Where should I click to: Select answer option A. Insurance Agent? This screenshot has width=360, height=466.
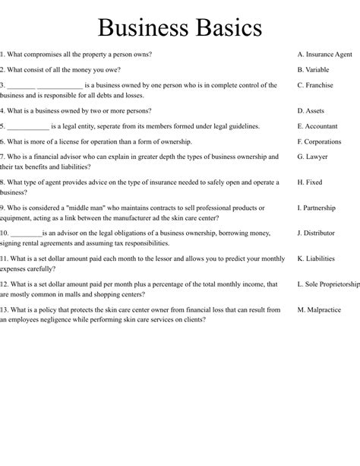pos(324,55)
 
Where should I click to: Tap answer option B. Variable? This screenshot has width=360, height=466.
pos(314,70)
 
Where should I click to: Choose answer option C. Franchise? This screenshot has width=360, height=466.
pos(315,85)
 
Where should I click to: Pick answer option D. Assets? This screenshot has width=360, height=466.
pos(311,111)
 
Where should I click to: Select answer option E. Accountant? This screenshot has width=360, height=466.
pos(318,126)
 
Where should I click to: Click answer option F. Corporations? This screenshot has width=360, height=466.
pos(320,141)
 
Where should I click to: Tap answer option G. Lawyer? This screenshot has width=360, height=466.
pos(312,157)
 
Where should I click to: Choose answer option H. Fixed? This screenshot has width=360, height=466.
pos(310,182)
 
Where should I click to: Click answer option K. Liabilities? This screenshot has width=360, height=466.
pos(316,258)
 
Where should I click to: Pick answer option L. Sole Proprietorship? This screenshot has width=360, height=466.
pos(328,284)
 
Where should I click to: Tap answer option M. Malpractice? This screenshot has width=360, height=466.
pos(319,309)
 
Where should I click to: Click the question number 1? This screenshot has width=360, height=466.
pos(2,55)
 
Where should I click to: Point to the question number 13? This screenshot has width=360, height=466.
pos(5,309)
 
